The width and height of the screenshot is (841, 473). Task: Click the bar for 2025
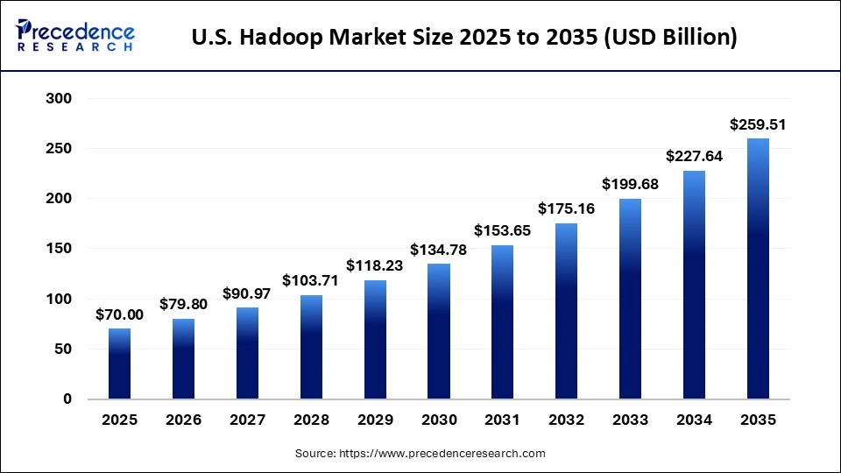pos(119,364)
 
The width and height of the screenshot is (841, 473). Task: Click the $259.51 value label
pos(758,125)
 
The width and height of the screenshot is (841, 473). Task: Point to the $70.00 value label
pos(119,314)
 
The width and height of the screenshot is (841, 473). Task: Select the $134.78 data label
pos(439,250)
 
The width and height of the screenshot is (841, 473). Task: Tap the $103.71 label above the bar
pos(311,281)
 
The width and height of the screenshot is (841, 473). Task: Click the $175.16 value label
pos(566,209)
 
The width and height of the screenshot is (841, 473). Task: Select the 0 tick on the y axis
pos(67,399)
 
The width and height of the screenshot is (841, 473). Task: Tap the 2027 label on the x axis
pos(247,420)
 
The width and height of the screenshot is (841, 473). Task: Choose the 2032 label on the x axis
pos(566,420)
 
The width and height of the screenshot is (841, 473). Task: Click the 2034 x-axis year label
pos(694,420)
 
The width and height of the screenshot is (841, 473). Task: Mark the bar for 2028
pos(311,347)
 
